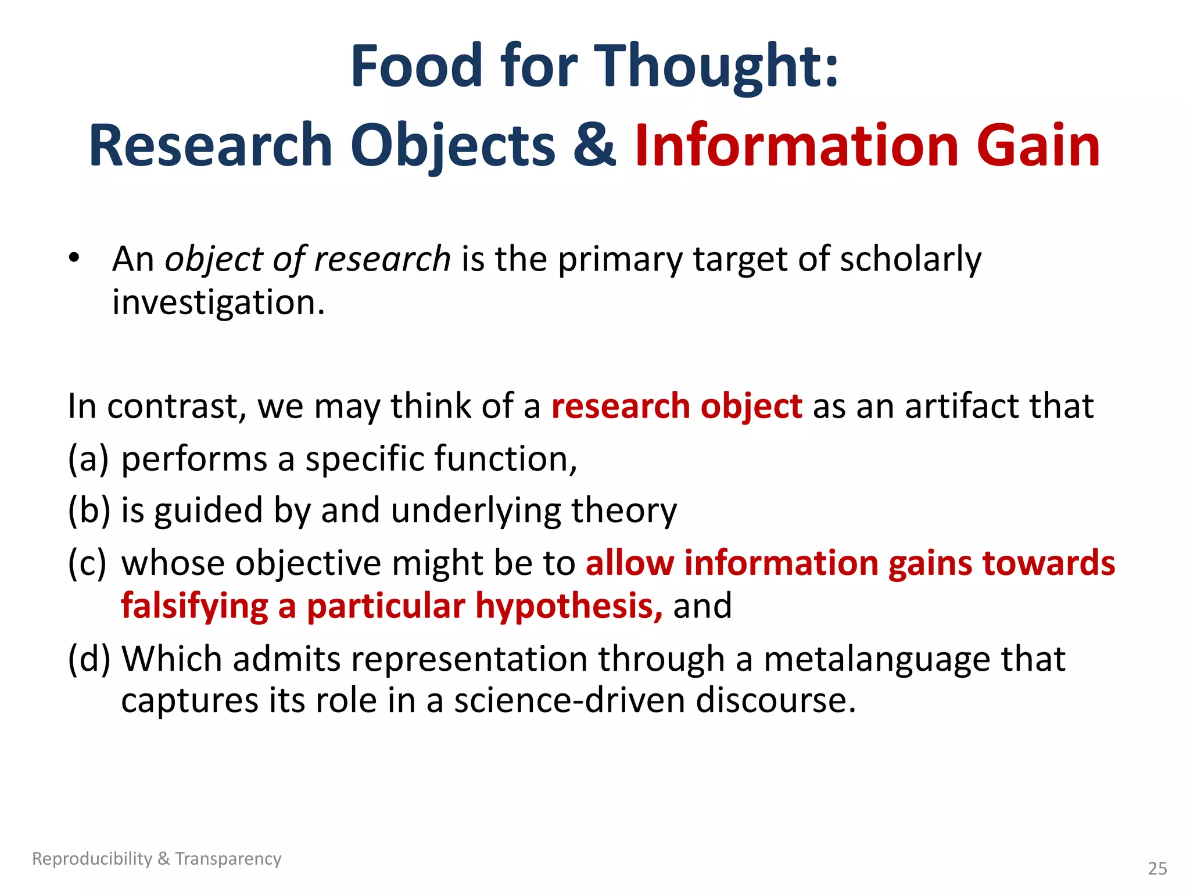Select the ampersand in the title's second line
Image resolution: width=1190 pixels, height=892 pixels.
tap(594, 145)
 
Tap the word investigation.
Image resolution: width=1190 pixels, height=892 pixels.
tap(218, 303)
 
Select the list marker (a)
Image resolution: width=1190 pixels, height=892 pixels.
tap(88, 459)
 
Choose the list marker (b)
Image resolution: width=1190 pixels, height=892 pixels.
tap(89, 510)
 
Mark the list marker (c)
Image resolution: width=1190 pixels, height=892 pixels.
tap(88, 563)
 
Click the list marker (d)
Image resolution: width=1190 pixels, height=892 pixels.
tap(89, 659)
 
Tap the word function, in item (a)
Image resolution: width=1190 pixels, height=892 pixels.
tap(506, 459)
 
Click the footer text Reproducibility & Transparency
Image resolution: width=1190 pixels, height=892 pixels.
tap(156, 858)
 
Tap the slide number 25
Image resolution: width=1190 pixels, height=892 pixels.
tap(1157, 868)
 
